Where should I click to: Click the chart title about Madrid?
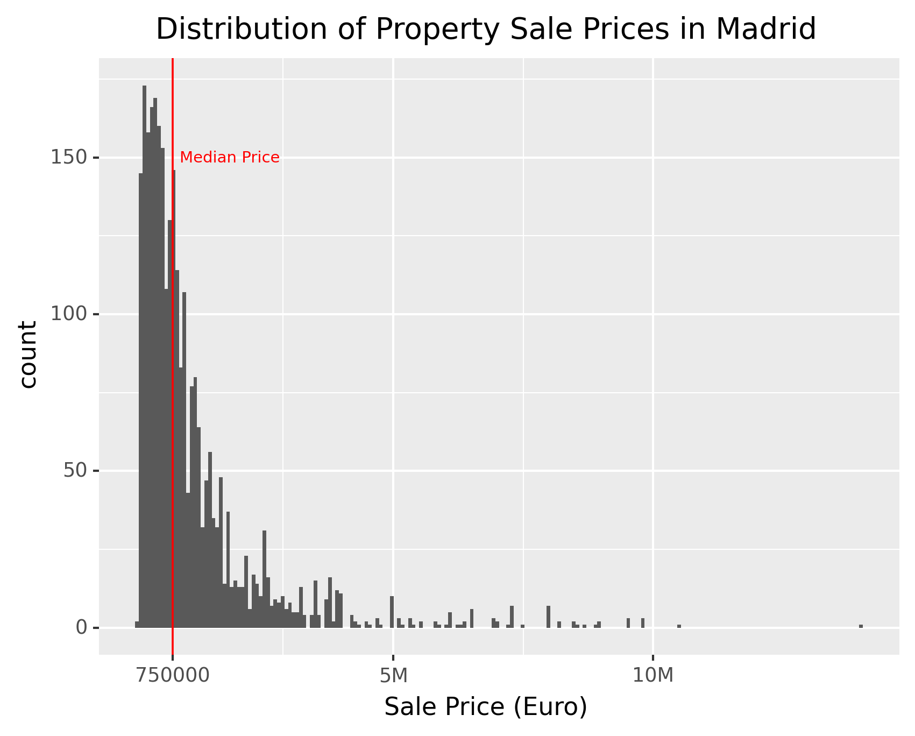coord(486,29)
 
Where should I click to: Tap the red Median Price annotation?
coord(230,158)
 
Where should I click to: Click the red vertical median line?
coord(173,377)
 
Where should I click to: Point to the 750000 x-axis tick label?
coord(173,676)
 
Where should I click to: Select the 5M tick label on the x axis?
coord(393,676)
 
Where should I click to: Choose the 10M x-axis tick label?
coord(652,676)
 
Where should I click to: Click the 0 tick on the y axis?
coord(81,627)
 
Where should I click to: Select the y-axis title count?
coord(28,354)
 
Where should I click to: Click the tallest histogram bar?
coord(144,355)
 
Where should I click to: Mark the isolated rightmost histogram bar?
coord(861,626)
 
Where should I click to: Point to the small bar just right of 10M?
coord(679,626)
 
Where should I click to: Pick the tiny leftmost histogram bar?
coord(137,625)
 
